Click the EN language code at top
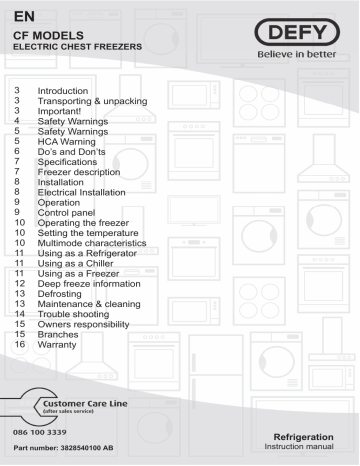(20, 14)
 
